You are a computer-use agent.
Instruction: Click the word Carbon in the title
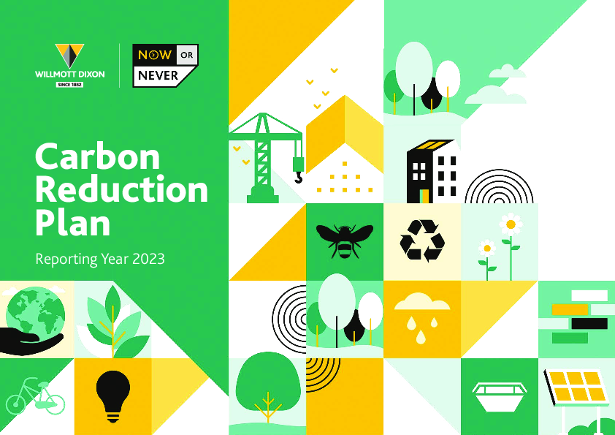pyautogui.click(x=97, y=156)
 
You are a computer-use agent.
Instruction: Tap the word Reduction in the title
pyautogui.click(x=121, y=189)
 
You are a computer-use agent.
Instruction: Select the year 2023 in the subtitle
pyautogui.click(x=149, y=259)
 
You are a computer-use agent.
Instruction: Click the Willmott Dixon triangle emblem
pyautogui.click(x=69, y=56)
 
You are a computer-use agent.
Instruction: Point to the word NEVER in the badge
pyautogui.click(x=158, y=75)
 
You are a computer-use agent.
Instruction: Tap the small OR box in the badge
pyautogui.click(x=187, y=55)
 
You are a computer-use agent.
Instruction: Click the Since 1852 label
pyautogui.click(x=69, y=84)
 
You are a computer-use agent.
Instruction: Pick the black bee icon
pyautogui.click(x=344, y=241)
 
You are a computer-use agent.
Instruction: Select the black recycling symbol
pyautogui.click(x=422, y=241)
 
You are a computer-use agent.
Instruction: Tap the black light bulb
pyautogui.click(x=113, y=396)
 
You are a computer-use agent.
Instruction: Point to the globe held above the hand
pyautogui.click(x=36, y=312)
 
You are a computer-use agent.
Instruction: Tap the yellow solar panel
pyautogui.click(x=576, y=387)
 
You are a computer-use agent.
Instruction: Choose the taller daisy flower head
pyautogui.click(x=511, y=224)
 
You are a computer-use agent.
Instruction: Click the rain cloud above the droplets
pyautogui.click(x=422, y=301)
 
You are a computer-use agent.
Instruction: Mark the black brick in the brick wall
pyautogui.click(x=589, y=323)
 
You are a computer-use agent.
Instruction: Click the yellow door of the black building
pyautogui.click(x=424, y=196)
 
